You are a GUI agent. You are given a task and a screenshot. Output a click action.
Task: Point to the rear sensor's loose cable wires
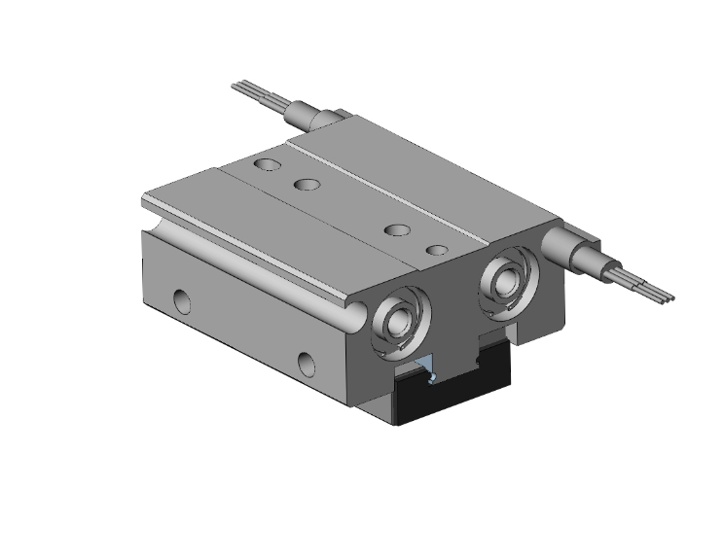pyautogui.click(x=255, y=94)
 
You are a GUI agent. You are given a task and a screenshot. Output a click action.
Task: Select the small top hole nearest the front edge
pyautogui.click(x=437, y=250)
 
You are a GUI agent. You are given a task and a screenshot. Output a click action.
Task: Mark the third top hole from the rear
pyautogui.click(x=395, y=230)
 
